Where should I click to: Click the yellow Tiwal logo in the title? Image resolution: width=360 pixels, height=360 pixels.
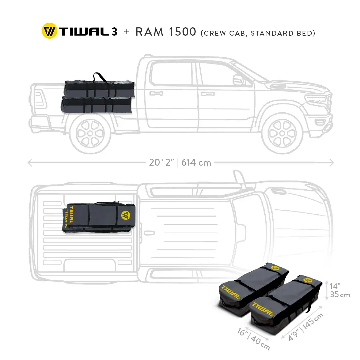tap(49, 31)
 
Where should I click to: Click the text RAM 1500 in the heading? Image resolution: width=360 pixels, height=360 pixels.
tap(166, 32)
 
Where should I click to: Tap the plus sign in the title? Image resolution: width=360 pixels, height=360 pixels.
tap(127, 31)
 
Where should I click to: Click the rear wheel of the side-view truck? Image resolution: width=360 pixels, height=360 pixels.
tap(90, 133)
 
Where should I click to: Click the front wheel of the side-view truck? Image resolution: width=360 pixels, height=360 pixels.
tap(282, 133)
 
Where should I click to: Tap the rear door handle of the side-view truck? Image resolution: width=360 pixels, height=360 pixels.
tap(156, 93)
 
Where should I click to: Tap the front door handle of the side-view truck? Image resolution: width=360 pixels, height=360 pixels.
tap(208, 94)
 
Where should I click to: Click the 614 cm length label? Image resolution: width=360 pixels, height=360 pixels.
tap(196, 163)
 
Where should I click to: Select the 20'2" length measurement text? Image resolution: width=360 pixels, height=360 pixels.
tap(161, 163)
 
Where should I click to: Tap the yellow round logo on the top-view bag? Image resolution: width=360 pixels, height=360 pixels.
tap(126, 215)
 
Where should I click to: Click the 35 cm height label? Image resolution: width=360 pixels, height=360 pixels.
tap(340, 295)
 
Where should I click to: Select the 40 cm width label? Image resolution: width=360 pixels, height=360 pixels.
tap(260, 343)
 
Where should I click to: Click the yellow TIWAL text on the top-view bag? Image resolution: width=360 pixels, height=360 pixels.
tap(71, 215)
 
